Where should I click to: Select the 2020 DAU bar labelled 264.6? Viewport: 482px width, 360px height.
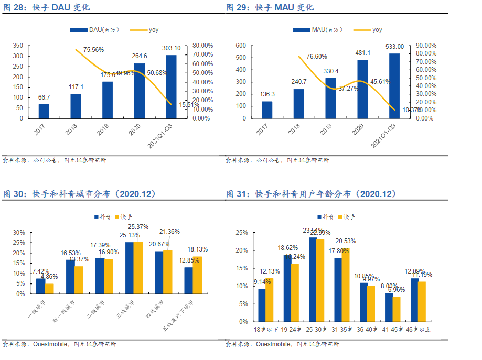[x=140, y=91]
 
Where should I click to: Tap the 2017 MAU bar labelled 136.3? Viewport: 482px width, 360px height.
[x=267, y=110]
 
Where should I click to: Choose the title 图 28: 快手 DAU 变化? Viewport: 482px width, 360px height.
[x=47, y=7]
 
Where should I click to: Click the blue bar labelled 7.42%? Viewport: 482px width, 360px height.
[x=40, y=286]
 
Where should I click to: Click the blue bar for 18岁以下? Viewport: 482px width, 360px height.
[x=262, y=305]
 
